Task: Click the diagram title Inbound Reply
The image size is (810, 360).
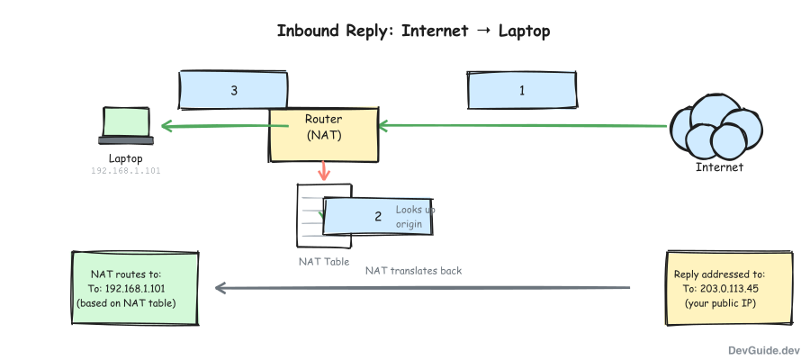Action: pos(413,31)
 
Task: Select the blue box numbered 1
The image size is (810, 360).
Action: pos(521,91)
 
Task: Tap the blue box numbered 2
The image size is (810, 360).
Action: pos(378,217)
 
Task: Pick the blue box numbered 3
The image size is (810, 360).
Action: pos(234,91)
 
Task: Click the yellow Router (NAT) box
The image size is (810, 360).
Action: pos(323,135)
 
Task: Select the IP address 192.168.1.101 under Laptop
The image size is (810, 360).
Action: pos(125,170)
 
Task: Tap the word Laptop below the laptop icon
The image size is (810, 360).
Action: pos(125,157)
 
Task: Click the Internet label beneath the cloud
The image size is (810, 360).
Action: pos(719,167)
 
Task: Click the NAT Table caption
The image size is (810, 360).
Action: pos(324,262)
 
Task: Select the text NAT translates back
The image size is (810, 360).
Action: pos(413,270)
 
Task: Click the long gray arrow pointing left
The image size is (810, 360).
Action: pos(423,288)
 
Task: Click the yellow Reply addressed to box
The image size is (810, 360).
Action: pos(719,288)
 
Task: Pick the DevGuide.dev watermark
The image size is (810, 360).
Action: pos(765,349)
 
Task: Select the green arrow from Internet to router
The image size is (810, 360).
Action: pos(522,127)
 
